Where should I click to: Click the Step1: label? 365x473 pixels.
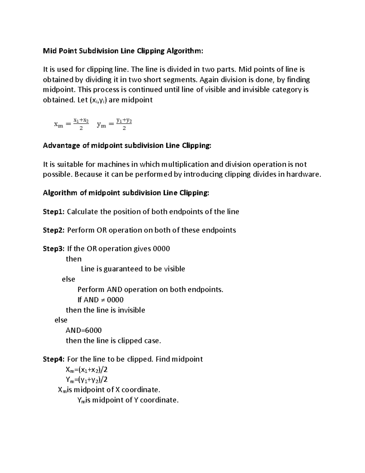point(54,212)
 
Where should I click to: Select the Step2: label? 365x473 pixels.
point(54,230)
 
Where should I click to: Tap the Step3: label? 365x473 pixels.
point(54,249)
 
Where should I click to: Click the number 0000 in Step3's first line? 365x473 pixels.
point(161,249)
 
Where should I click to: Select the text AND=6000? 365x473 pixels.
point(84,330)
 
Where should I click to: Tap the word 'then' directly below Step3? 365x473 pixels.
point(74,259)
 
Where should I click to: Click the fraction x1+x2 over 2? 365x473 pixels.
point(81,124)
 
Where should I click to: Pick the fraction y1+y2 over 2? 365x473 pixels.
point(124,124)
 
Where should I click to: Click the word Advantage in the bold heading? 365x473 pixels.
point(61,146)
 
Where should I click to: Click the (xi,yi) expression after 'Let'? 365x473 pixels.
point(98,100)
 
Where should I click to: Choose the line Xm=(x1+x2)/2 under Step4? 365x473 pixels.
point(87,370)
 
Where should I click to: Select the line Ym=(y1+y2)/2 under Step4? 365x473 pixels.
point(87,380)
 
